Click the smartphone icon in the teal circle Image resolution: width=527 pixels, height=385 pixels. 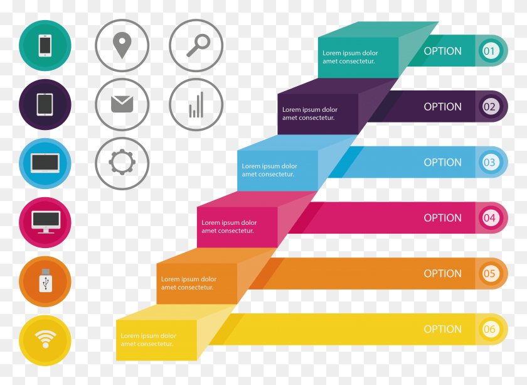45,45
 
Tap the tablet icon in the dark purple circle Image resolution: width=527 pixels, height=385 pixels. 45,104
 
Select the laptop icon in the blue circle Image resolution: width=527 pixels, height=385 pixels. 45,163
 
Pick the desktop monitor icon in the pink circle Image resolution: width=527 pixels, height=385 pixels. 46,222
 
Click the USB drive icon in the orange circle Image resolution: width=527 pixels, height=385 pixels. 45,280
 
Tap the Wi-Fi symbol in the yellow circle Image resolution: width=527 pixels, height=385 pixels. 45,339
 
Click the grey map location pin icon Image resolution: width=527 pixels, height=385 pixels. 122,45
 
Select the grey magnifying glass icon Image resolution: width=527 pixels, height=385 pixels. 198,45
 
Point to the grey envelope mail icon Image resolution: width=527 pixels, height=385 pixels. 122,104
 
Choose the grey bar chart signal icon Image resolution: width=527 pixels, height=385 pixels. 196,105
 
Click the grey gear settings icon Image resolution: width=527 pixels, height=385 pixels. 122,162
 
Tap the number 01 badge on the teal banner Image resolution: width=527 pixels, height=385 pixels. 489,51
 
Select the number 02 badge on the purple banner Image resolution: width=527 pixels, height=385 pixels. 489,107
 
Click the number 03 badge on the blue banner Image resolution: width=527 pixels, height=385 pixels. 489,162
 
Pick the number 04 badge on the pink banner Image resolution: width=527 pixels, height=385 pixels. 489,218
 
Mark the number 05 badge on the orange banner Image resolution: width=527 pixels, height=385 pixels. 489,273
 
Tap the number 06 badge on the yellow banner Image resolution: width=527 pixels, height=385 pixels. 489,329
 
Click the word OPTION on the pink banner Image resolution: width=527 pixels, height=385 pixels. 443,218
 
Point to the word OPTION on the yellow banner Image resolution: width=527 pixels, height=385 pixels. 443,329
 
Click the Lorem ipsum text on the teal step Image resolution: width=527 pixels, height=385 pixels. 350,57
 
